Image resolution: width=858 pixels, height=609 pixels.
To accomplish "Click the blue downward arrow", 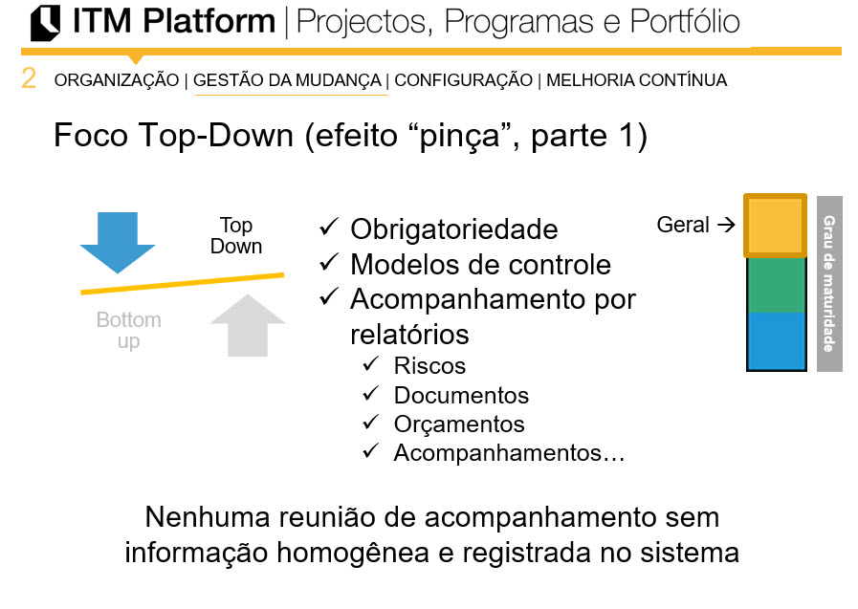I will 117,241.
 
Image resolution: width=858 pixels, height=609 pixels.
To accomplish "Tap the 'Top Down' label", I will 235,235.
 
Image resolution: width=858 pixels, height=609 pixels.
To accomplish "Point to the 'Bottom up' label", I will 128,330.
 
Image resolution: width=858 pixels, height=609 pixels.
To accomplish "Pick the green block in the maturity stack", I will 775,285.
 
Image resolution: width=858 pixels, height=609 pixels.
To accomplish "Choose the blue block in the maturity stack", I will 775,340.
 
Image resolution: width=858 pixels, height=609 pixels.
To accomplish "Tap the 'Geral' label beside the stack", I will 683,226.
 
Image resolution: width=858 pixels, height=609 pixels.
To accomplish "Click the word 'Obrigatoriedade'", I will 454,229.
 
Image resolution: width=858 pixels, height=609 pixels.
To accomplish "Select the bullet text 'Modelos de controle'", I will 480,264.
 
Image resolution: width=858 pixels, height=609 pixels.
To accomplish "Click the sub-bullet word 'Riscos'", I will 429,365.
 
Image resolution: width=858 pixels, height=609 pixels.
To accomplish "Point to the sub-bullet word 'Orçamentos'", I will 459,424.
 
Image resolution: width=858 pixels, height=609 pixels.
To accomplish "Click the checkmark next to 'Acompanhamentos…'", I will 370,452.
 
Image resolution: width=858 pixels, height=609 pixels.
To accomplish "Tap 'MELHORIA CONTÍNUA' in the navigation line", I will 636,80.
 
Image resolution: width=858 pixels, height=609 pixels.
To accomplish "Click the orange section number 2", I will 29,79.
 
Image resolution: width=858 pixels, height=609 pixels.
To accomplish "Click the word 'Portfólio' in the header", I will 685,22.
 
